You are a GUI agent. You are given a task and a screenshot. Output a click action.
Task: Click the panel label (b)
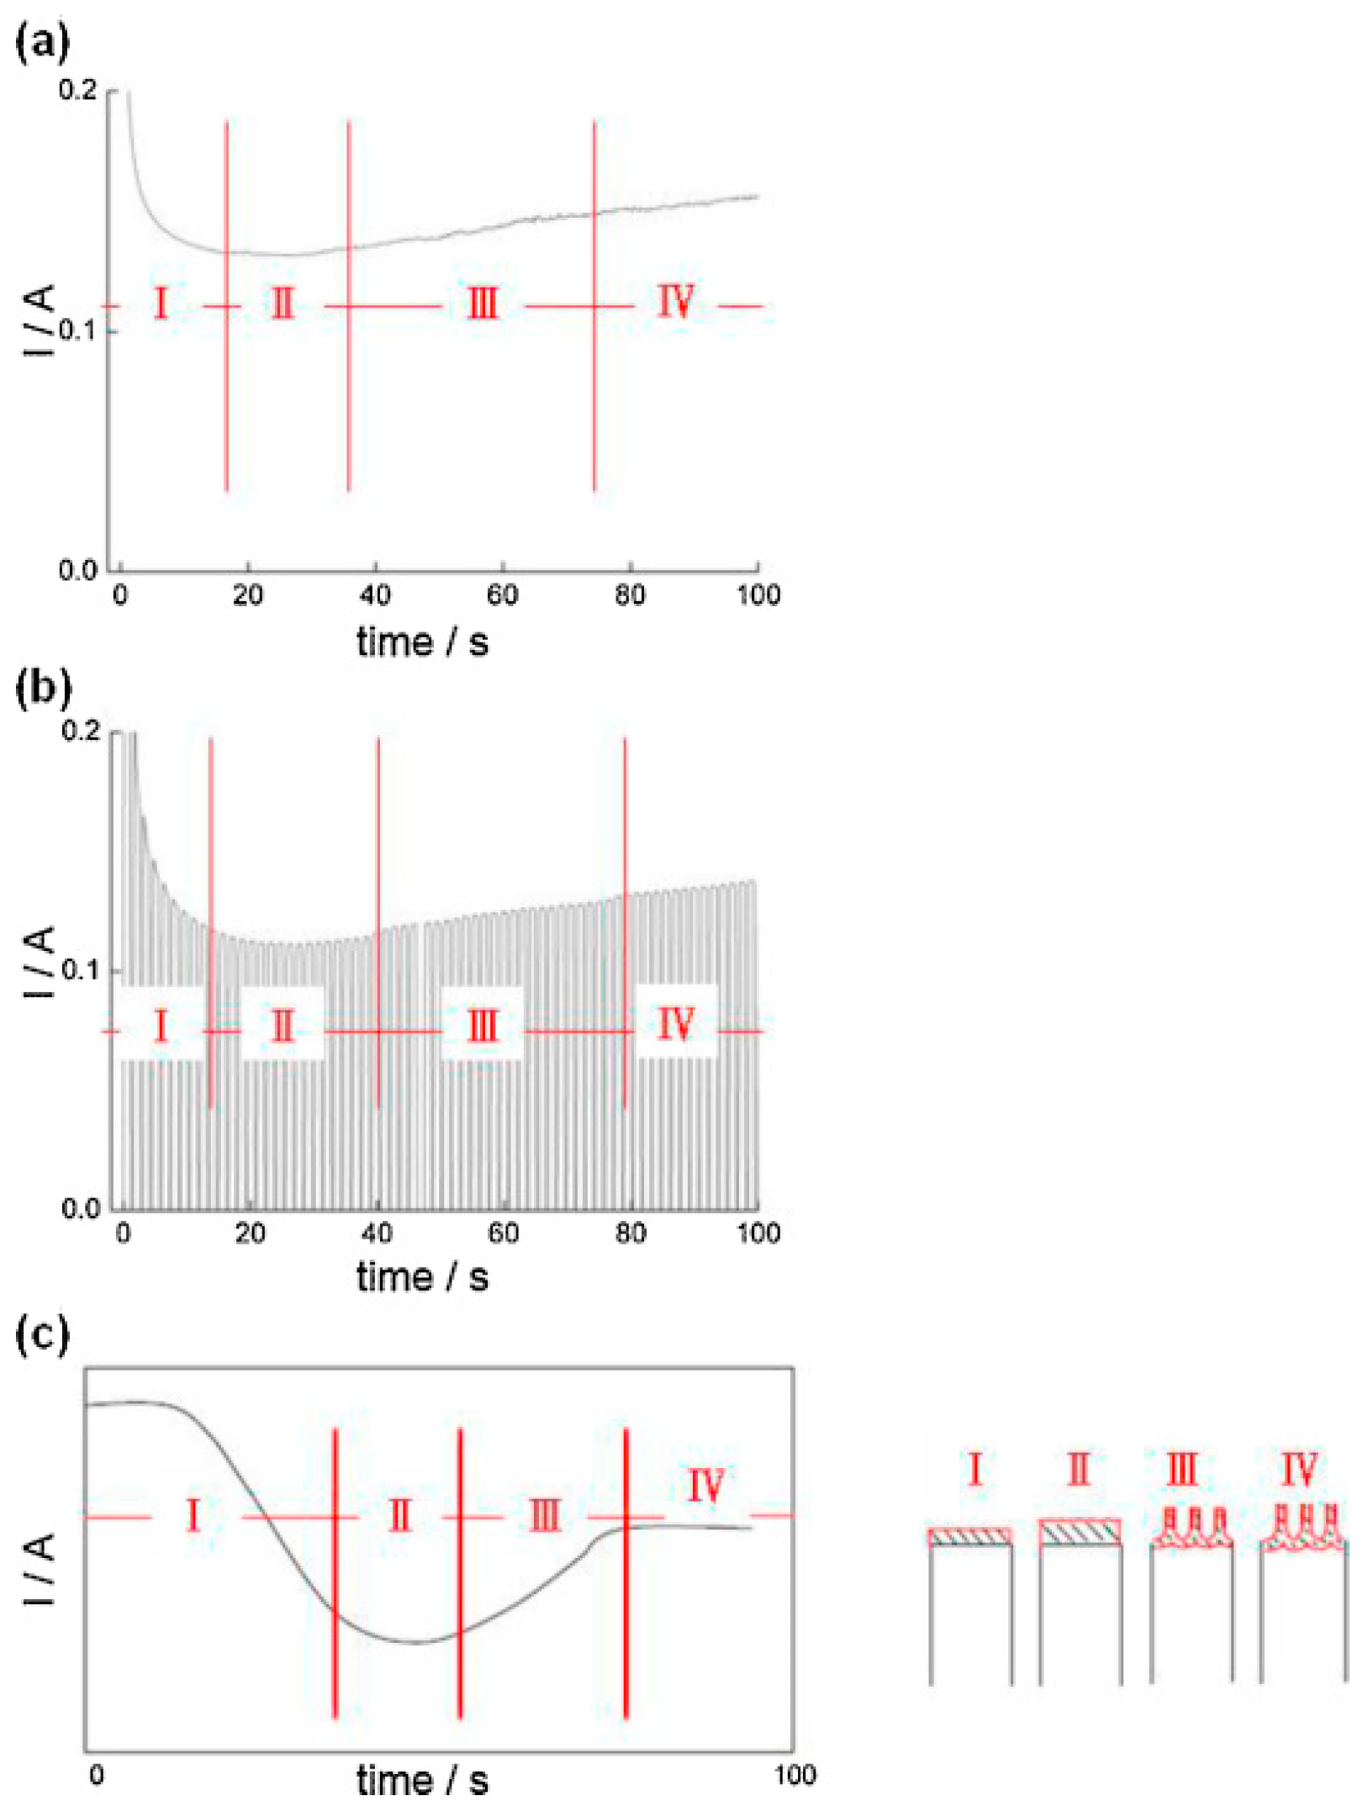click(x=42, y=686)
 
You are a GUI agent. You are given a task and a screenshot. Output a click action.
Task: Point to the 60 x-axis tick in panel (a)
click(x=503, y=594)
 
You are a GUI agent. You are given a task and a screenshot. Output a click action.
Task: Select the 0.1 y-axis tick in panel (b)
click(x=80, y=969)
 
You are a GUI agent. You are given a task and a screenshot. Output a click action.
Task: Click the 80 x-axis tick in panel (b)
click(x=631, y=1233)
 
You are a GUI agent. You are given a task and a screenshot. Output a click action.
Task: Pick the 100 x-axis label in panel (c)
click(x=795, y=1775)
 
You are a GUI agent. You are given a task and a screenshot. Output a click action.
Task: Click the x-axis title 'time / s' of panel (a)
click(x=422, y=642)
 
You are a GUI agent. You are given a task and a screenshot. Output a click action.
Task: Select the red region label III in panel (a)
click(x=482, y=304)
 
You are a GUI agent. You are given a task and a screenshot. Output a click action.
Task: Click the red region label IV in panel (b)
click(x=675, y=1023)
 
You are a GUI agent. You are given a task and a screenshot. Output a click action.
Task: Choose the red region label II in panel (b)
click(x=283, y=1027)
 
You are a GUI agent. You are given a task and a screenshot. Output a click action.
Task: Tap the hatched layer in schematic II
click(x=1080, y=1532)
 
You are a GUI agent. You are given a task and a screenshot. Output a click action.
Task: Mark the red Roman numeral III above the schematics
click(x=1181, y=1470)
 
